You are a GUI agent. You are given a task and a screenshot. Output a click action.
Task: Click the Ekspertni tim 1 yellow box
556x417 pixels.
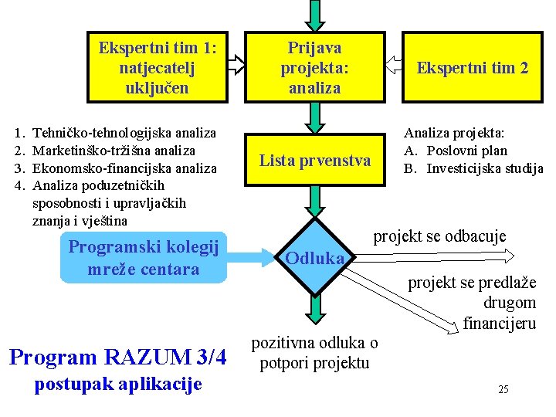158,67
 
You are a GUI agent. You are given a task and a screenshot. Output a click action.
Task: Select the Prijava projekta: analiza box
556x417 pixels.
314,67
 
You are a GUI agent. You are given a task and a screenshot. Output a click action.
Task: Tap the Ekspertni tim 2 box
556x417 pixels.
472,67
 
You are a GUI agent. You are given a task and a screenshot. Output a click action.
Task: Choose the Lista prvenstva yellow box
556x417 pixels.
314,161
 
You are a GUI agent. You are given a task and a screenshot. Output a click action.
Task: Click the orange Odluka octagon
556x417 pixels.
314,258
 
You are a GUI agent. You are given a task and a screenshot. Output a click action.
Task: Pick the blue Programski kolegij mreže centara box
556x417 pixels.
144,258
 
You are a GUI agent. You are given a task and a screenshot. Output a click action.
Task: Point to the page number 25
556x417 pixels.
503,389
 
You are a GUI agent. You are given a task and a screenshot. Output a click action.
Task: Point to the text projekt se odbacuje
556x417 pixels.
439,236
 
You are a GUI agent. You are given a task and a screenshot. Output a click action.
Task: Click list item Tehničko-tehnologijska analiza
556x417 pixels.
124,134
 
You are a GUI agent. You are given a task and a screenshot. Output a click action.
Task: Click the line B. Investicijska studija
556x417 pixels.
474,168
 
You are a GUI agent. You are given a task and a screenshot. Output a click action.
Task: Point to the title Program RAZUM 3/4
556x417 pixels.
117,358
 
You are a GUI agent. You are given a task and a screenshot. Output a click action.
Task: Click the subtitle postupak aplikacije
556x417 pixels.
118,383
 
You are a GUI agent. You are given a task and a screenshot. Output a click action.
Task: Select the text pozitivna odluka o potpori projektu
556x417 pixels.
315,353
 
